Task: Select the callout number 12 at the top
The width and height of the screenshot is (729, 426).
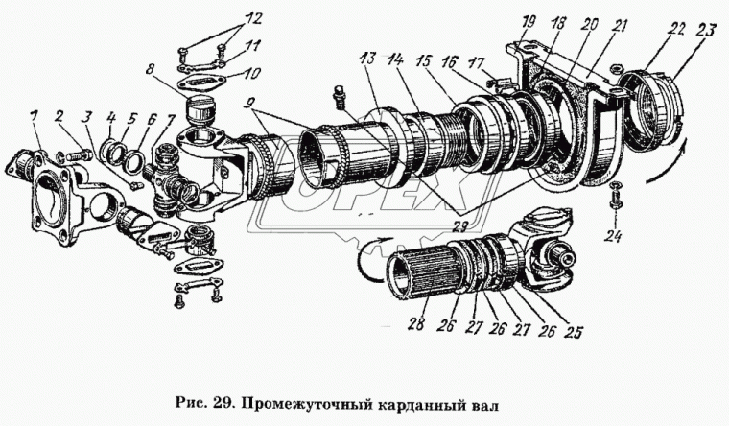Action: (225, 18)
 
